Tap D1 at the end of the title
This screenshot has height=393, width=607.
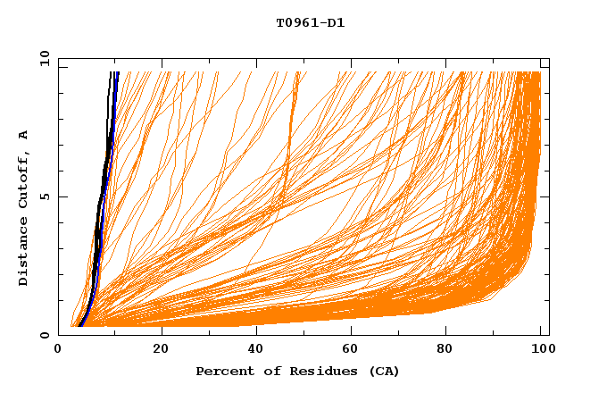coord(335,23)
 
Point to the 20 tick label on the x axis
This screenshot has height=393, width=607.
coord(162,349)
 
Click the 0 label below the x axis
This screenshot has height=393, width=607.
coord(59,349)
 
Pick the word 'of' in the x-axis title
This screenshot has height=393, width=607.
coord(268,371)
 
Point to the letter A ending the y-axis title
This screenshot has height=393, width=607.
coord(23,135)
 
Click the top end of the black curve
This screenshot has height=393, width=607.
coord(110,72)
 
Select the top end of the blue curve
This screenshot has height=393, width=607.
coord(117,72)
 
